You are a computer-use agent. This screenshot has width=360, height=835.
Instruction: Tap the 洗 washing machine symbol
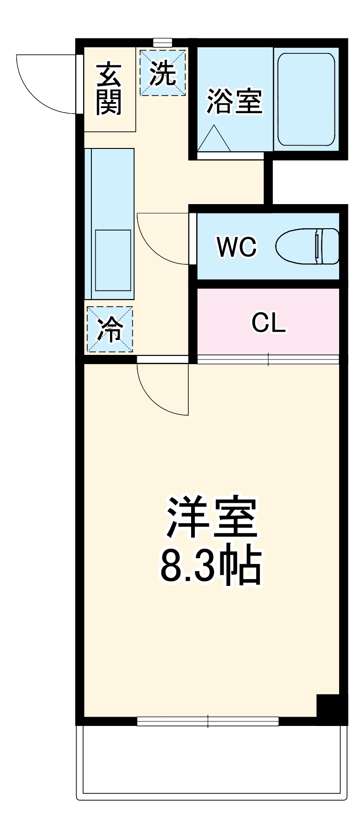tap(162, 73)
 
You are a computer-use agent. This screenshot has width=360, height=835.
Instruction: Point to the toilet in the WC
tap(307, 246)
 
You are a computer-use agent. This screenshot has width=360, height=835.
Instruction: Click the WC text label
tap(237, 247)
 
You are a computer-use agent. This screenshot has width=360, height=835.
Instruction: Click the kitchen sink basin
tap(113, 261)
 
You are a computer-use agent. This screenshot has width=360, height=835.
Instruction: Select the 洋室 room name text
tap(212, 518)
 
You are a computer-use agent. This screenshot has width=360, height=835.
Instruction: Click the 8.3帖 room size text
tap(211, 567)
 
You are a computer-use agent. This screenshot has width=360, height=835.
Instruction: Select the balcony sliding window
tap(208, 721)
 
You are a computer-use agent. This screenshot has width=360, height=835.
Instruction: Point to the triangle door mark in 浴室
tap(214, 138)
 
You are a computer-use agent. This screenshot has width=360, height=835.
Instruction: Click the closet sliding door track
tap(268, 359)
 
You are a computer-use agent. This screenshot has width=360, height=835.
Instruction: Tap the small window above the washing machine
tap(162, 43)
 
